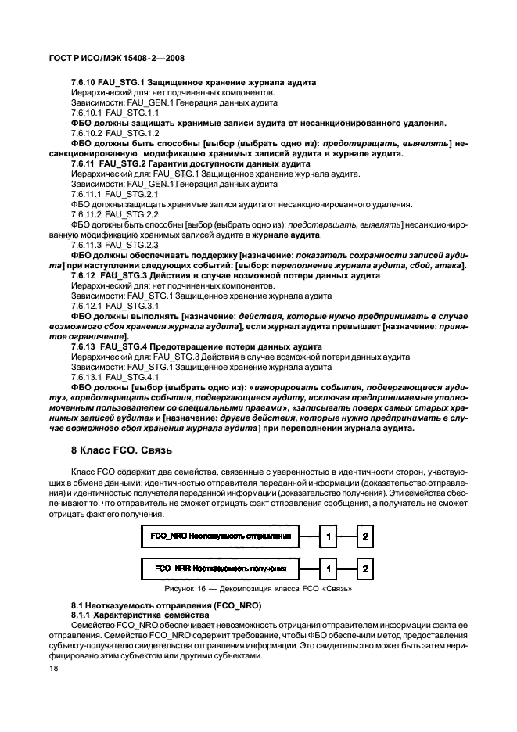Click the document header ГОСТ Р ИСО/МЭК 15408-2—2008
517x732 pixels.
pos(116,58)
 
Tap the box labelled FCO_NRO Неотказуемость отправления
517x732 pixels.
pos(220,537)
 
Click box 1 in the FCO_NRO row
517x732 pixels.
pos(331,537)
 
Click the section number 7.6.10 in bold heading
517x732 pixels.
pos(84,82)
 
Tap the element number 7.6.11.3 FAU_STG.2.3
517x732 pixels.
pos(114,245)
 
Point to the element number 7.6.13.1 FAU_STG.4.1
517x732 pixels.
pos(114,377)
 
